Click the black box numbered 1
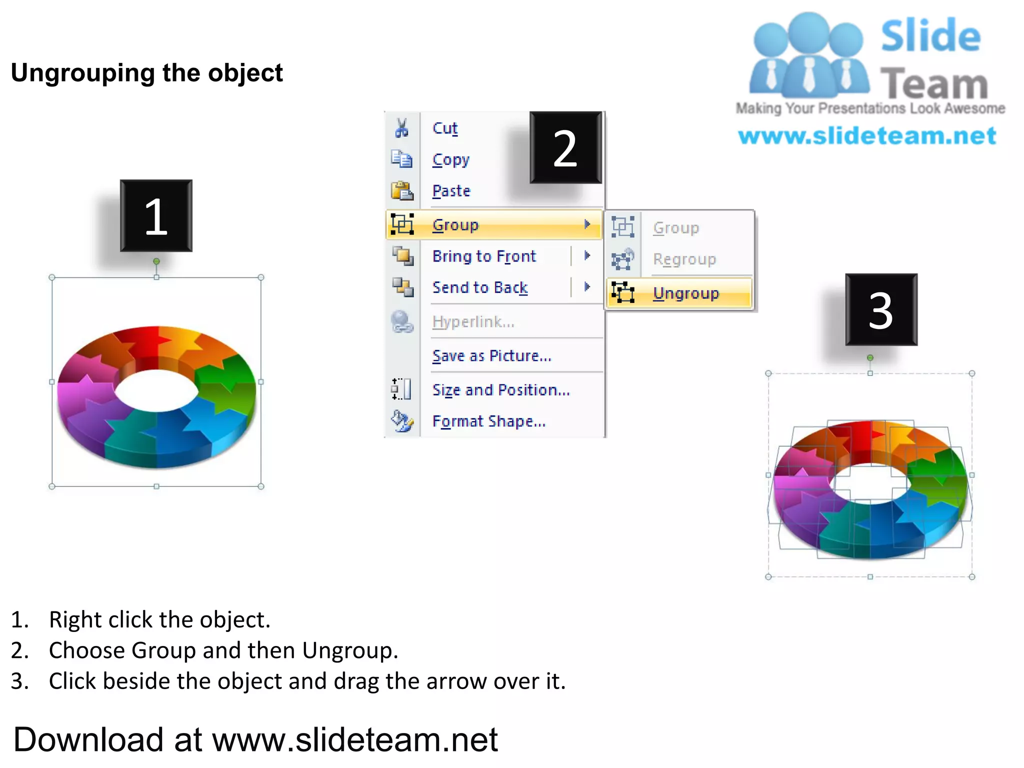tap(156, 216)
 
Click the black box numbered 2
tap(565, 148)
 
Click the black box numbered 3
tap(881, 310)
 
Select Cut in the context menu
tap(444, 128)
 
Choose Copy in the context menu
tap(450, 160)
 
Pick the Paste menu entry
tap(451, 191)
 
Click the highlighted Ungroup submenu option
tap(685, 293)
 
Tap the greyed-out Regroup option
tap(684, 259)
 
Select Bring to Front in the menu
tap(484, 256)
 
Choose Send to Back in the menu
tap(479, 287)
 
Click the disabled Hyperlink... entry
tap(473, 322)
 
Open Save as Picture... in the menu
tap(491, 356)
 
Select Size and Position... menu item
tap(501, 390)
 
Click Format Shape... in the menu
tap(488, 421)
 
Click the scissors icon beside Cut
tap(401, 128)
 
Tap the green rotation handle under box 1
tap(156, 261)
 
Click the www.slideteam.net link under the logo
tap(867, 136)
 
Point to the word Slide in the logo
tap(930, 36)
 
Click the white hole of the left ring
tap(156, 390)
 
